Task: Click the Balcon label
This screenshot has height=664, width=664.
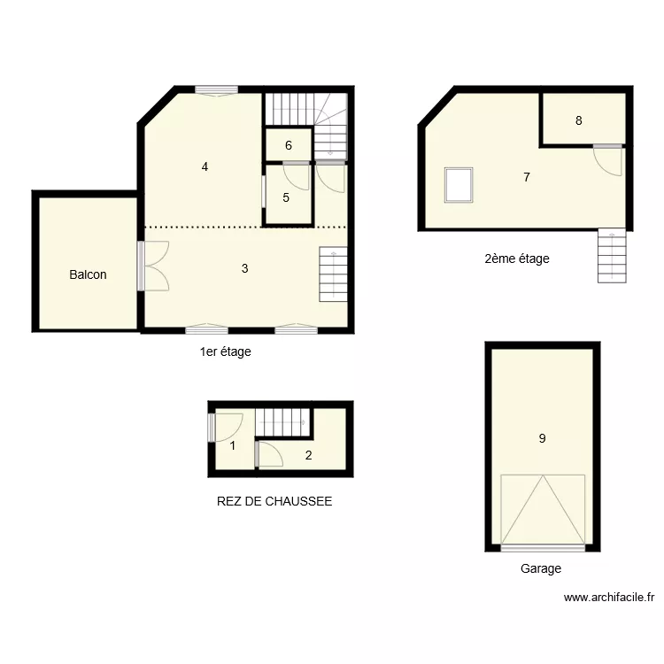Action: click(x=88, y=274)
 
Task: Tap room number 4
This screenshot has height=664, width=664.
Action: click(x=205, y=166)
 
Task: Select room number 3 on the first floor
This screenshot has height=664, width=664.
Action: click(x=244, y=267)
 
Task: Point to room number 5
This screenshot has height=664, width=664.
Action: click(x=286, y=197)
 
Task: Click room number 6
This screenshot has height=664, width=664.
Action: click(x=289, y=146)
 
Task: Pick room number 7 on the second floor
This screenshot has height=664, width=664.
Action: click(x=526, y=177)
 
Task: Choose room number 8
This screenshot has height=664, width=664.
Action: click(x=578, y=121)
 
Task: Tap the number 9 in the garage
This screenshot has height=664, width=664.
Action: click(x=542, y=436)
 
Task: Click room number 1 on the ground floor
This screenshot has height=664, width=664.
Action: click(x=233, y=445)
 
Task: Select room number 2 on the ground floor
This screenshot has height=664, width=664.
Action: click(x=308, y=456)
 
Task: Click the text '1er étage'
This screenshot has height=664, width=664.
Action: click(x=225, y=351)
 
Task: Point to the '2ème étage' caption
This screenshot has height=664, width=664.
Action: click(x=517, y=259)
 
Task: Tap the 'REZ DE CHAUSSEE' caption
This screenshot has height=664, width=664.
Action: click(x=274, y=501)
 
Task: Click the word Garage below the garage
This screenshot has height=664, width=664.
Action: click(x=540, y=569)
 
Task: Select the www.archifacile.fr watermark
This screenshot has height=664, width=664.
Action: click(x=609, y=598)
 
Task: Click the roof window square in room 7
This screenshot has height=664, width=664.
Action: click(x=459, y=185)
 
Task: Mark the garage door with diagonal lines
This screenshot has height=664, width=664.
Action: click(x=542, y=511)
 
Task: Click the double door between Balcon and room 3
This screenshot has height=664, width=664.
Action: click(x=152, y=266)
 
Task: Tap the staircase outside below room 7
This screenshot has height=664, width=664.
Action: click(x=611, y=256)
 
